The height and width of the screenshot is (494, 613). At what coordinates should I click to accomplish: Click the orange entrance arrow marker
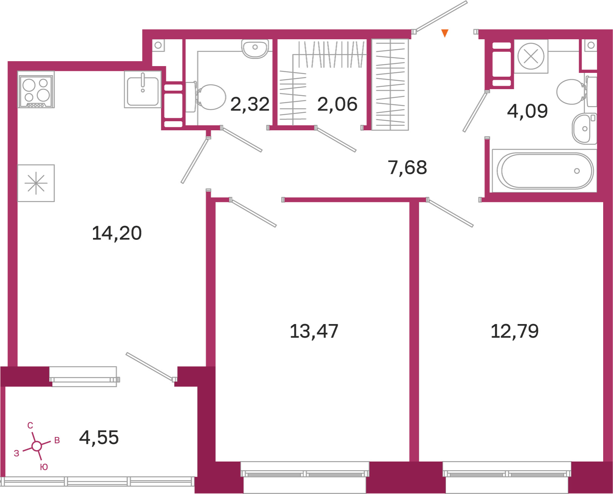tap(445, 33)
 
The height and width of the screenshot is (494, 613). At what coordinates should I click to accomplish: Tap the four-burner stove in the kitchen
tap(36, 90)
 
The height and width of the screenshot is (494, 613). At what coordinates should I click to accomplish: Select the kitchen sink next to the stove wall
tap(143, 90)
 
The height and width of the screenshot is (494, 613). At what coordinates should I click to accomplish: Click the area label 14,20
tap(117, 233)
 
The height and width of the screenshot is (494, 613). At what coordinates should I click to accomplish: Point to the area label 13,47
tap(314, 331)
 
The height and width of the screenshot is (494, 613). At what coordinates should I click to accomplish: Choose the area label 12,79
tap(514, 331)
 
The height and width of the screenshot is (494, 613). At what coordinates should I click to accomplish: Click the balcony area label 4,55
tap(99, 437)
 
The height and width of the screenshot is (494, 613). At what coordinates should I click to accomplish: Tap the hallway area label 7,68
tap(407, 167)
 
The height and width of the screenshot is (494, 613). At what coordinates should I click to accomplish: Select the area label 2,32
tap(250, 104)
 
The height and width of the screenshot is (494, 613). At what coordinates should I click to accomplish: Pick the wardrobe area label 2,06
tap(337, 104)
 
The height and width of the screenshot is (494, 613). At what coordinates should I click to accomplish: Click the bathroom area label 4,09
tap(527, 111)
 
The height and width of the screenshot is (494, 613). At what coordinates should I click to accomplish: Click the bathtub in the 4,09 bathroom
tap(544, 171)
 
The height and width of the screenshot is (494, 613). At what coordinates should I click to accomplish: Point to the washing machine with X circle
tap(531, 56)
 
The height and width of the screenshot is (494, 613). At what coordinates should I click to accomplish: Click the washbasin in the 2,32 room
tap(255, 49)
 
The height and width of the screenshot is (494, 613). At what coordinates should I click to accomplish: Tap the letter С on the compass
tap(30, 425)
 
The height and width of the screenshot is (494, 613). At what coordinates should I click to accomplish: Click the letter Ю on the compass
tap(44, 467)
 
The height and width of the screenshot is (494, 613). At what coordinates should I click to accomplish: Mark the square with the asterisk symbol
tap(36, 184)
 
